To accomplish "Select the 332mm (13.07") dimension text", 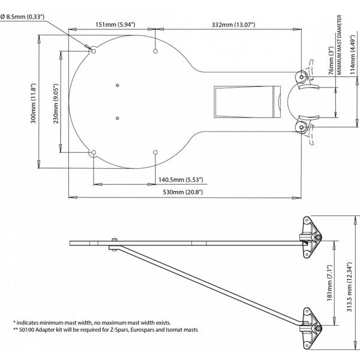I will (233, 24).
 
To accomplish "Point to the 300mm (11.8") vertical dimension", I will (34, 103).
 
